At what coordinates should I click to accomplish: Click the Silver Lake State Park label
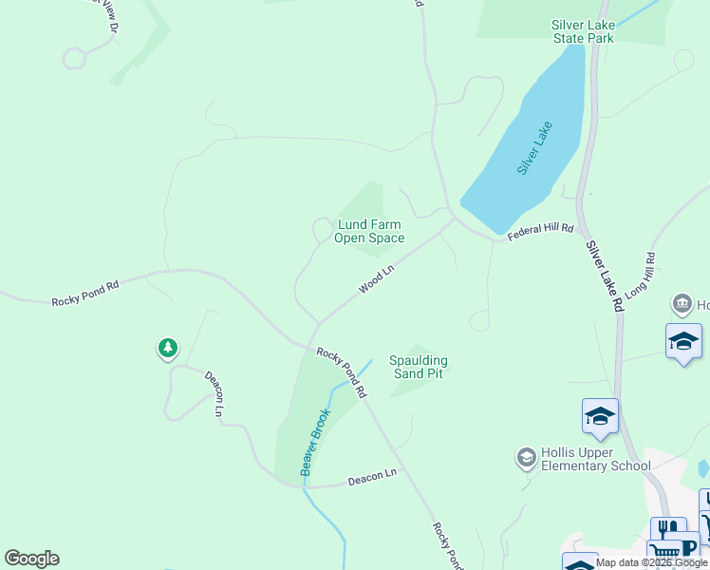(x=584, y=31)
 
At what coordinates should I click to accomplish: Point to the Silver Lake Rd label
(x=604, y=276)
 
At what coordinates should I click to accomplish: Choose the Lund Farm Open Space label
(x=369, y=232)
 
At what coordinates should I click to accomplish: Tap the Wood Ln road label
(x=376, y=279)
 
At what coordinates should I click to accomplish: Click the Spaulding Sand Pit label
(x=419, y=367)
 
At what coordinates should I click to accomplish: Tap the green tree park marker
(x=168, y=349)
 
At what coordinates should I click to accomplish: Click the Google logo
(x=32, y=559)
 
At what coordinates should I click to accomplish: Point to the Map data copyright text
(x=651, y=562)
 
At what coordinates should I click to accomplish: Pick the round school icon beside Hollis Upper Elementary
(x=526, y=459)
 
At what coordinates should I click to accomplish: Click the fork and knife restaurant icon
(x=668, y=529)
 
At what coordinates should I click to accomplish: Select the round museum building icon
(x=682, y=305)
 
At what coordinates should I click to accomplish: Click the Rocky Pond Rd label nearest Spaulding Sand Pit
(x=342, y=371)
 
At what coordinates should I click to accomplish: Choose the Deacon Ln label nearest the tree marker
(x=215, y=393)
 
